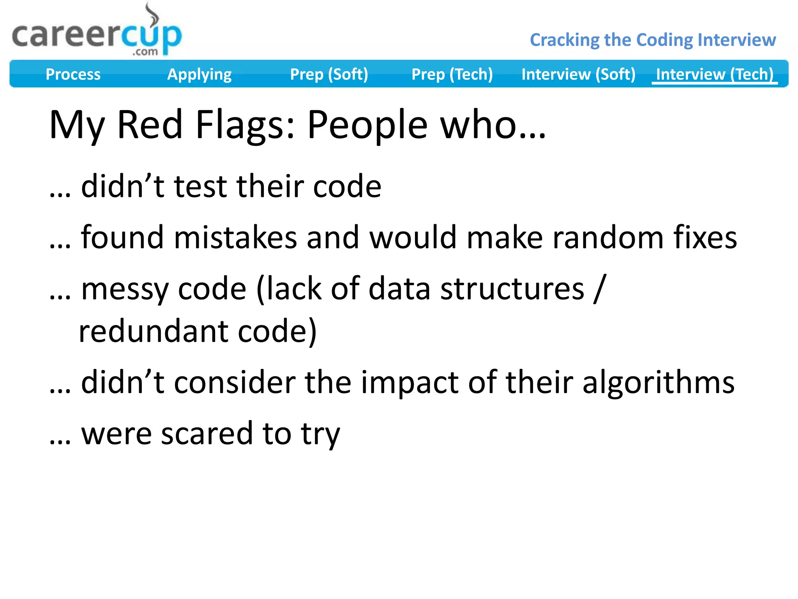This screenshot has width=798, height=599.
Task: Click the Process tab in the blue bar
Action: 73,74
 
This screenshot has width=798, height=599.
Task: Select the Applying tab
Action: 199,74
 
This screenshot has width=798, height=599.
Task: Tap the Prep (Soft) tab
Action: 329,74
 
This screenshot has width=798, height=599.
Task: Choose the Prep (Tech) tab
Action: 452,74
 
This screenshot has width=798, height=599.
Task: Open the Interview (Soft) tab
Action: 578,74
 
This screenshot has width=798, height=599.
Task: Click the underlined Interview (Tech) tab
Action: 715,74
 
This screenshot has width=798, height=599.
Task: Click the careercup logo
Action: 97,36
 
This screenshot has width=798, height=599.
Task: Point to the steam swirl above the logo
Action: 152,14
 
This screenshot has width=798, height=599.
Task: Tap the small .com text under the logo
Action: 145,52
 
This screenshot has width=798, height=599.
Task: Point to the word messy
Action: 125,289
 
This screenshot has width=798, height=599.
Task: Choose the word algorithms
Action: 658,383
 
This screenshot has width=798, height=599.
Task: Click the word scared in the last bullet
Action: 207,434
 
